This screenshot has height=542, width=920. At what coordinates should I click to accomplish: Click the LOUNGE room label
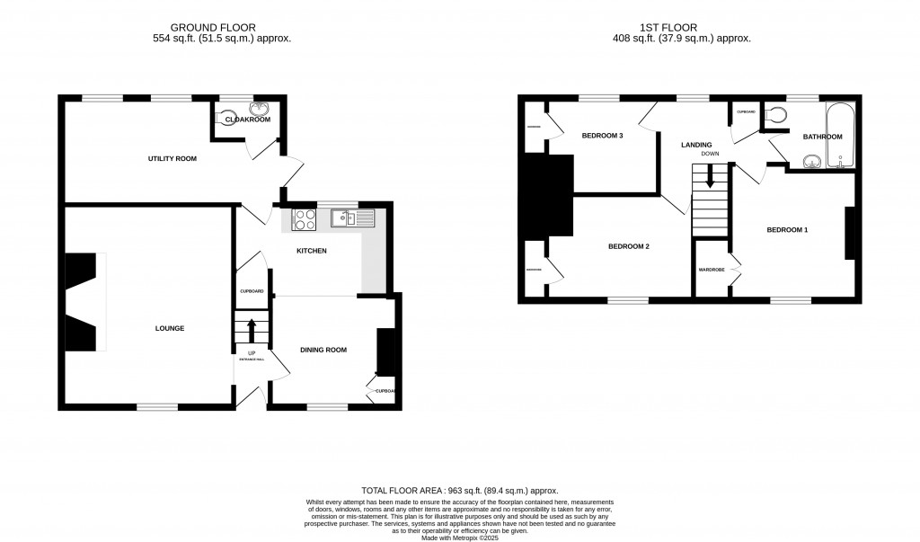coord(169,328)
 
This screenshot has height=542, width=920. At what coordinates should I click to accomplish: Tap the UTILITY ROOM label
coord(172,158)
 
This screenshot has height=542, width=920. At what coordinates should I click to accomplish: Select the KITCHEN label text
coord(311,250)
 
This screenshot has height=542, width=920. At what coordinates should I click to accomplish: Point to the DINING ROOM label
coord(323,350)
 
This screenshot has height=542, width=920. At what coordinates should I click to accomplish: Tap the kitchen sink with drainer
coord(345,218)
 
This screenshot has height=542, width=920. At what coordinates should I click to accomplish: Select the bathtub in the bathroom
coord(842,136)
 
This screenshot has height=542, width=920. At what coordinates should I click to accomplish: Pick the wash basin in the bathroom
coord(811,161)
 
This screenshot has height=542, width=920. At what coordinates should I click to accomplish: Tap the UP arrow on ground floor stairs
coord(252,329)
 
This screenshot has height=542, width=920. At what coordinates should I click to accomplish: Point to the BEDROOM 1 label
coord(787,230)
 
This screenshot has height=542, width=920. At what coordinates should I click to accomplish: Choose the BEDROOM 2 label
coord(628,246)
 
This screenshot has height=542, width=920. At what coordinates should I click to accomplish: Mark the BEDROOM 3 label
coord(602,136)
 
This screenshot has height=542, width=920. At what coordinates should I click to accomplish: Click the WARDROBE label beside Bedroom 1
coord(712,270)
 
